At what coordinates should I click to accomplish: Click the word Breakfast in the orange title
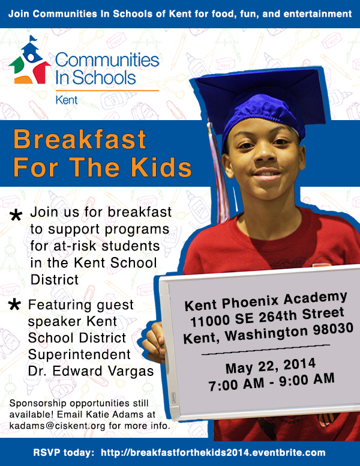80,139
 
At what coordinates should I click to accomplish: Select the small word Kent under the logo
66,100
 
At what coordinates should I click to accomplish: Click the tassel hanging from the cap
219,172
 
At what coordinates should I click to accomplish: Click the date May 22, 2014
270,366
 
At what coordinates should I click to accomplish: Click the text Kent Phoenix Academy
266,301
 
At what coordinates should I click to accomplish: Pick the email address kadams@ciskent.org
58,426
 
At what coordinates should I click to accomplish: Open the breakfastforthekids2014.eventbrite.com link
213,453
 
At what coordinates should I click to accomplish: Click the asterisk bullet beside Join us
16,215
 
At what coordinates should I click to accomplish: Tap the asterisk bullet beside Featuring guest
14,304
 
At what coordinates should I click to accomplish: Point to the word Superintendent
79,354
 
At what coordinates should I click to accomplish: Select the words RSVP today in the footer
64,453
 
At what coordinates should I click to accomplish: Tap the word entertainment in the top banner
317,14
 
